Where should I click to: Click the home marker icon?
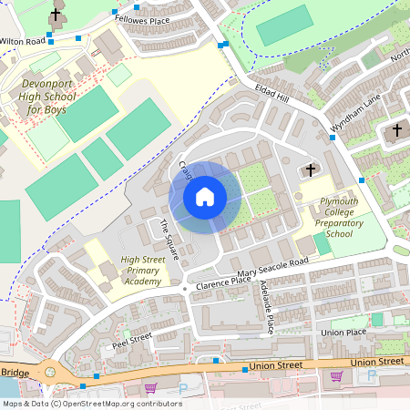tap(205, 197)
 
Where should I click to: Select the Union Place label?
tap(343, 333)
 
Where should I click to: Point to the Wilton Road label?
tap(23, 41)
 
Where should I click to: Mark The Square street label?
tap(169, 237)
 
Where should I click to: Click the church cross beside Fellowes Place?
tap(56, 15)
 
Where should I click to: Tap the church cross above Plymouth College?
tap(310, 169)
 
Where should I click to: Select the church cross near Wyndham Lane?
tap(396, 130)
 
